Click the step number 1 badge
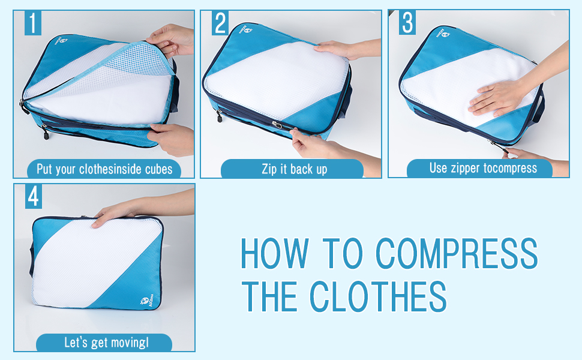pos(32,23)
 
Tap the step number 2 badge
pos(220,23)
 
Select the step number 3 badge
pos(407,23)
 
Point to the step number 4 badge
pos(34,196)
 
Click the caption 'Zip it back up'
pos(295,169)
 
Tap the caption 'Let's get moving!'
pos(107,342)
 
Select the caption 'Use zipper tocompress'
pos(483,168)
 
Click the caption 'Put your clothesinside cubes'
pos(104,169)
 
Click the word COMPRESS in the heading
pos(457,253)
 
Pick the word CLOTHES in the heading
pos(378,296)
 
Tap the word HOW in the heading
pos(275,253)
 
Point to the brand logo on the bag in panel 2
pos(246,29)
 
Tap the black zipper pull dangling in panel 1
pos(45,132)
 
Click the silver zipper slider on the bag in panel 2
pos(277,125)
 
